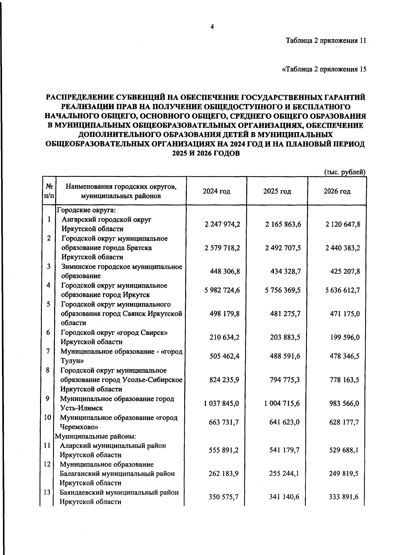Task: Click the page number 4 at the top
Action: click(x=212, y=27)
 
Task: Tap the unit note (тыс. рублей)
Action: click(x=344, y=172)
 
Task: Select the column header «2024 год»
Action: click(x=216, y=191)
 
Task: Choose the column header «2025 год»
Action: click(x=277, y=191)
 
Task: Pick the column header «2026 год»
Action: click(x=337, y=191)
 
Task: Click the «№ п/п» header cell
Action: click(x=49, y=191)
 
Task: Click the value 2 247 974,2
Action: click(x=222, y=224)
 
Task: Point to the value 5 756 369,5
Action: click(x=283, y=290)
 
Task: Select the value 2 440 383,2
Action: click(x=343, y=248)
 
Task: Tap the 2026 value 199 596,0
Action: click(x=345, y=337)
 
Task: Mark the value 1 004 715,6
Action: click(x=282, y=403)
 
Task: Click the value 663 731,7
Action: click(x=224, y=422)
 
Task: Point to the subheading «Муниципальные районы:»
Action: click(x=96, y=436)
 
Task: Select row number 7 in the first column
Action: click(x=48, y=351)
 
